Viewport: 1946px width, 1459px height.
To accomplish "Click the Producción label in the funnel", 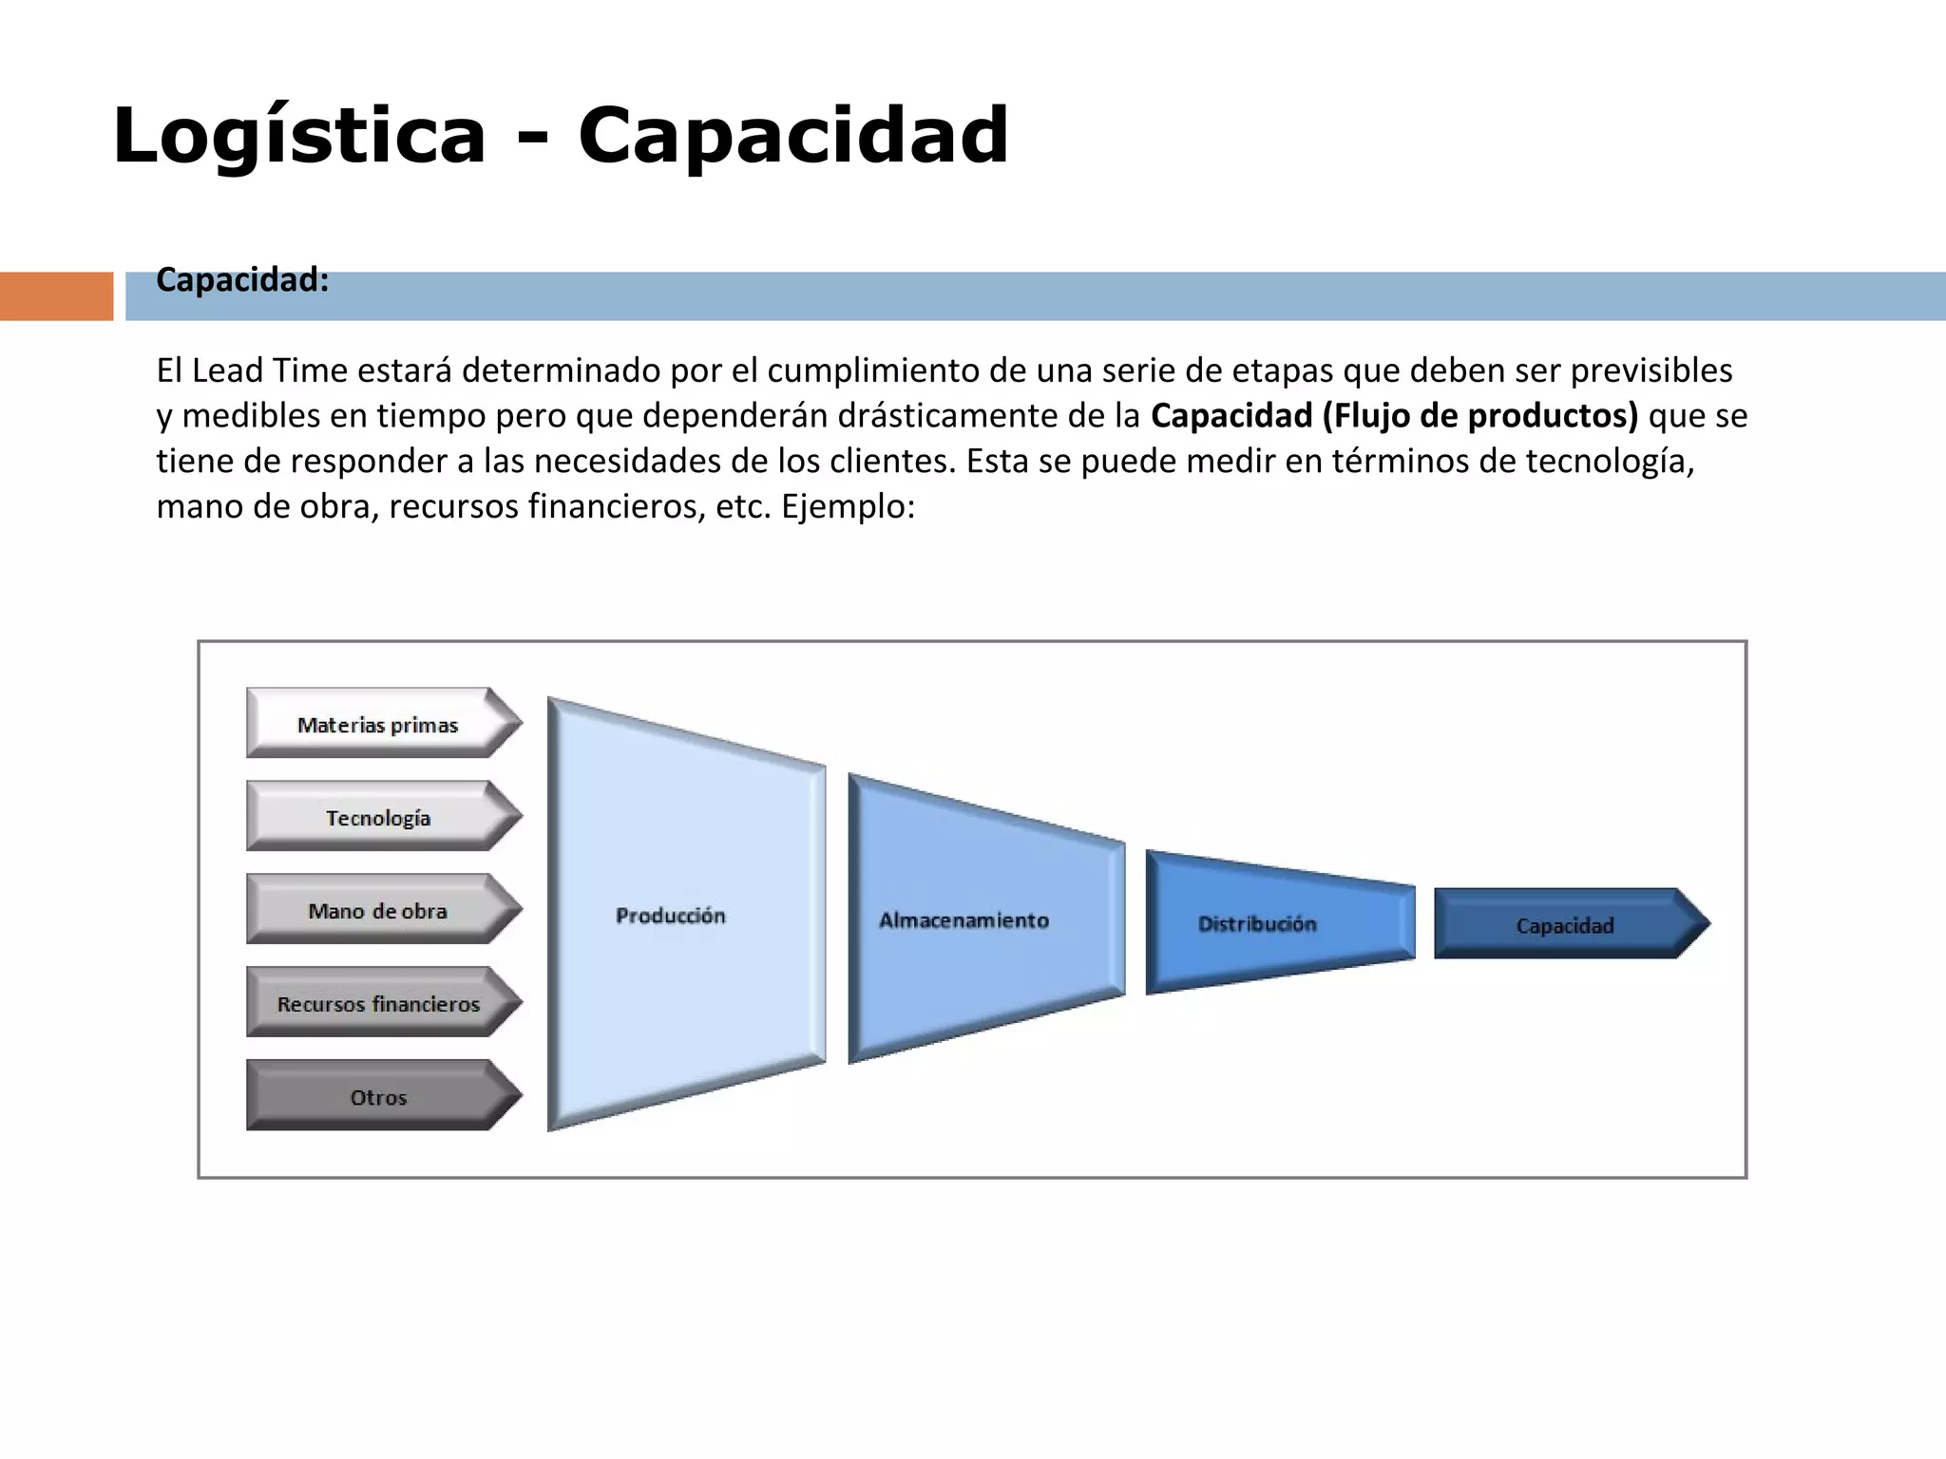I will [x=671, y=916].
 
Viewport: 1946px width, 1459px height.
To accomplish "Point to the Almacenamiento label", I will [x=963, y=920].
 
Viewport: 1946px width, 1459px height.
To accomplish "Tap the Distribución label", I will [x=1257, y=924].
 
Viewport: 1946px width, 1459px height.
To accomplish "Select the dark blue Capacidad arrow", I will [x=1566, y=925].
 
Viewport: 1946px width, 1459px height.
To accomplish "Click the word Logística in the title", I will [x=299, y=136].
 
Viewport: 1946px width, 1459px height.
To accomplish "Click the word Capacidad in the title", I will [x=793, y=136].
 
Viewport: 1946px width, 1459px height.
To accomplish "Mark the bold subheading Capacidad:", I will [x=242, y=280].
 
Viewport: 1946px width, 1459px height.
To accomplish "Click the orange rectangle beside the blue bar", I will [x=56, y=296].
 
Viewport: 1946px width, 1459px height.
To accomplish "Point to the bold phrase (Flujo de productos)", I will [x=1480, y=416].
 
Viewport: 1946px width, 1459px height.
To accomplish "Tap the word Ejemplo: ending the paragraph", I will [x=849, y=506].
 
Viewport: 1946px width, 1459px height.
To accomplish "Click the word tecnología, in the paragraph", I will [x=1610, y=461].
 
